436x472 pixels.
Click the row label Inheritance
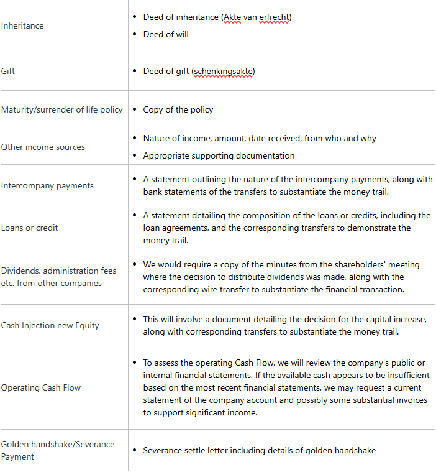click(22, 25)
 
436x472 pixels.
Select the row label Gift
click(8, 71)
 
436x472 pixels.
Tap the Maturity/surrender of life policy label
click(62, 109)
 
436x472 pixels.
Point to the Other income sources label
click(43, 147)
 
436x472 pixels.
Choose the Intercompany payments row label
click(47, 185)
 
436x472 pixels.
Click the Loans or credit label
click(29, 228)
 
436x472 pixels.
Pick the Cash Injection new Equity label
click(50, 325)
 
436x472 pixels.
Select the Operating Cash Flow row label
click(41, 387)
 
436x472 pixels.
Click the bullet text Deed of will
click(166, 34)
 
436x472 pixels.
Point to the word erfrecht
click(273, 17)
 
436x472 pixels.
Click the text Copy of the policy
click(178, 109)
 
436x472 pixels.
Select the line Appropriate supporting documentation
click(219, 155)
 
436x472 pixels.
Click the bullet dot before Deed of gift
click(135, 71)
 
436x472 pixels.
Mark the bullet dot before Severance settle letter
click(135, 450)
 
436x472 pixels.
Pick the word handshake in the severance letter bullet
click(352, 450)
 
